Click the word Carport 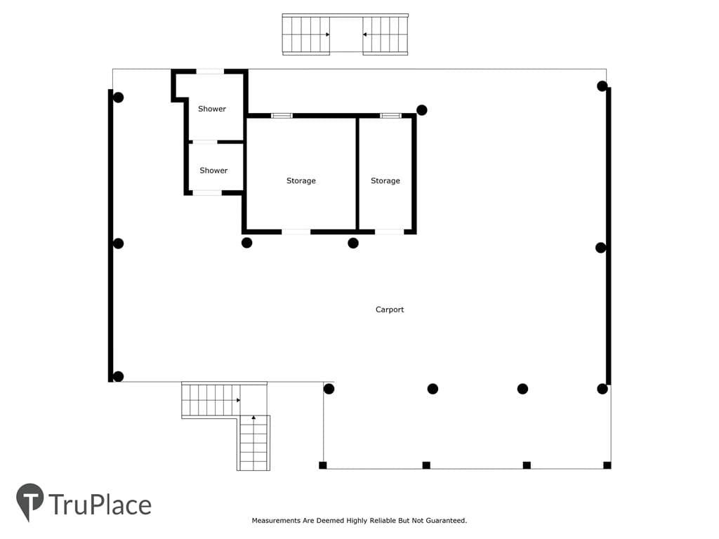tap(389, 310)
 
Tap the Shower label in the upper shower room tap(212, 109)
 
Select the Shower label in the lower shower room tap(213, 171)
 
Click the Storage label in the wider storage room tap(301, 181)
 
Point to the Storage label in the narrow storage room tap(385, 181)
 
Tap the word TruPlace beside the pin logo tap(100, 505)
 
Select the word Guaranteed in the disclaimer tap(446, 521)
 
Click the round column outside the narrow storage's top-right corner tap(422, 110)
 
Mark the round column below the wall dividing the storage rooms tap(353, 243)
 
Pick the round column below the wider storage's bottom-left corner tap(246, 243)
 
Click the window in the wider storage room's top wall tap(282, 116)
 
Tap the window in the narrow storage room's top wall tap(390, 116)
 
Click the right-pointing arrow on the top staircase tap(328, 34)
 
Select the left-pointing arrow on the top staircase tap(364, 34)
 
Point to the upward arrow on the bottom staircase tap(253, 418)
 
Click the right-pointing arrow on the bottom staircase tap(239, 400)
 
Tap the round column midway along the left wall tap(118, 244)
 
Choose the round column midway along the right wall tap(601, 248)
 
